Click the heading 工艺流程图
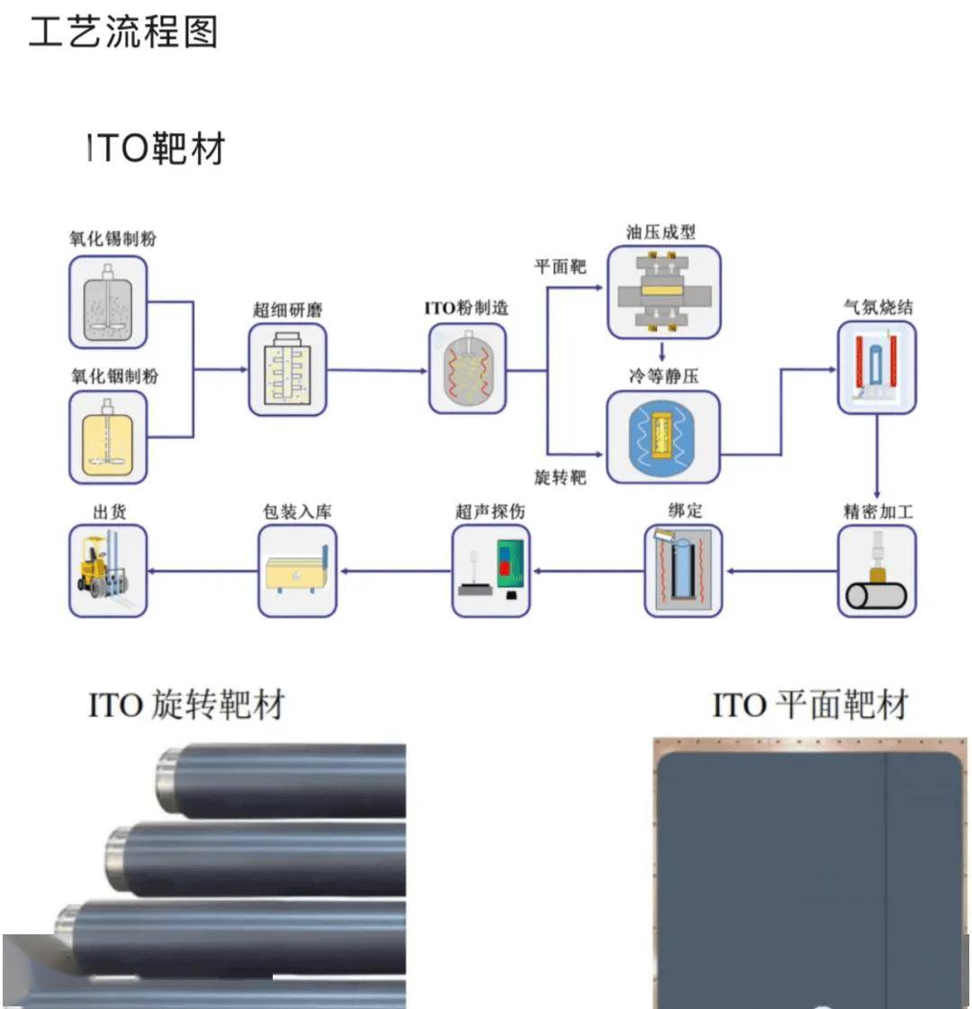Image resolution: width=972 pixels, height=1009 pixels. [123, 32]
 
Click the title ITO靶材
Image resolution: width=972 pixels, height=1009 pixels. [155, 149]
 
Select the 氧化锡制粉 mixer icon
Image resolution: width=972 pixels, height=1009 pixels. [108, 302]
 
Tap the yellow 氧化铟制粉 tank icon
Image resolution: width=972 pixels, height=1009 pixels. [108, 437]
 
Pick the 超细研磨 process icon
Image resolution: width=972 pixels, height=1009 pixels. [287, 370]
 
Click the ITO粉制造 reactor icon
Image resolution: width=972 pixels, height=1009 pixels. [467, 369]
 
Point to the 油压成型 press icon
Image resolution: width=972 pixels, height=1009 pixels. [663, 293]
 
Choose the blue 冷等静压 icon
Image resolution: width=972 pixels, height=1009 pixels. [663, 437]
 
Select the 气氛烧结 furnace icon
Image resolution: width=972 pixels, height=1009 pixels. [877, 368]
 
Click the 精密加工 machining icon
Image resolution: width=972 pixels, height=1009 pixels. [877, 572]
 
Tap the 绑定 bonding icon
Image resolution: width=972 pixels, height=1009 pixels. [683, 572]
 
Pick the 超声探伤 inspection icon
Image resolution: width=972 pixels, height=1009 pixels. [490, 572]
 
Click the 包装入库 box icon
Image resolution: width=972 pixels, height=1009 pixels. [297, 572]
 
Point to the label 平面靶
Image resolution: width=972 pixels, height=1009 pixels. [560, 266]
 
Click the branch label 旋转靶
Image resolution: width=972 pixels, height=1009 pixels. [560, 477]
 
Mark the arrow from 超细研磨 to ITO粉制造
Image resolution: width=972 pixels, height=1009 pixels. [378, 370]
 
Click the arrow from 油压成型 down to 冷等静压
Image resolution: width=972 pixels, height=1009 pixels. [662, 351]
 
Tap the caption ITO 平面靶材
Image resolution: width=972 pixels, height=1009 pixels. [810, 705]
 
